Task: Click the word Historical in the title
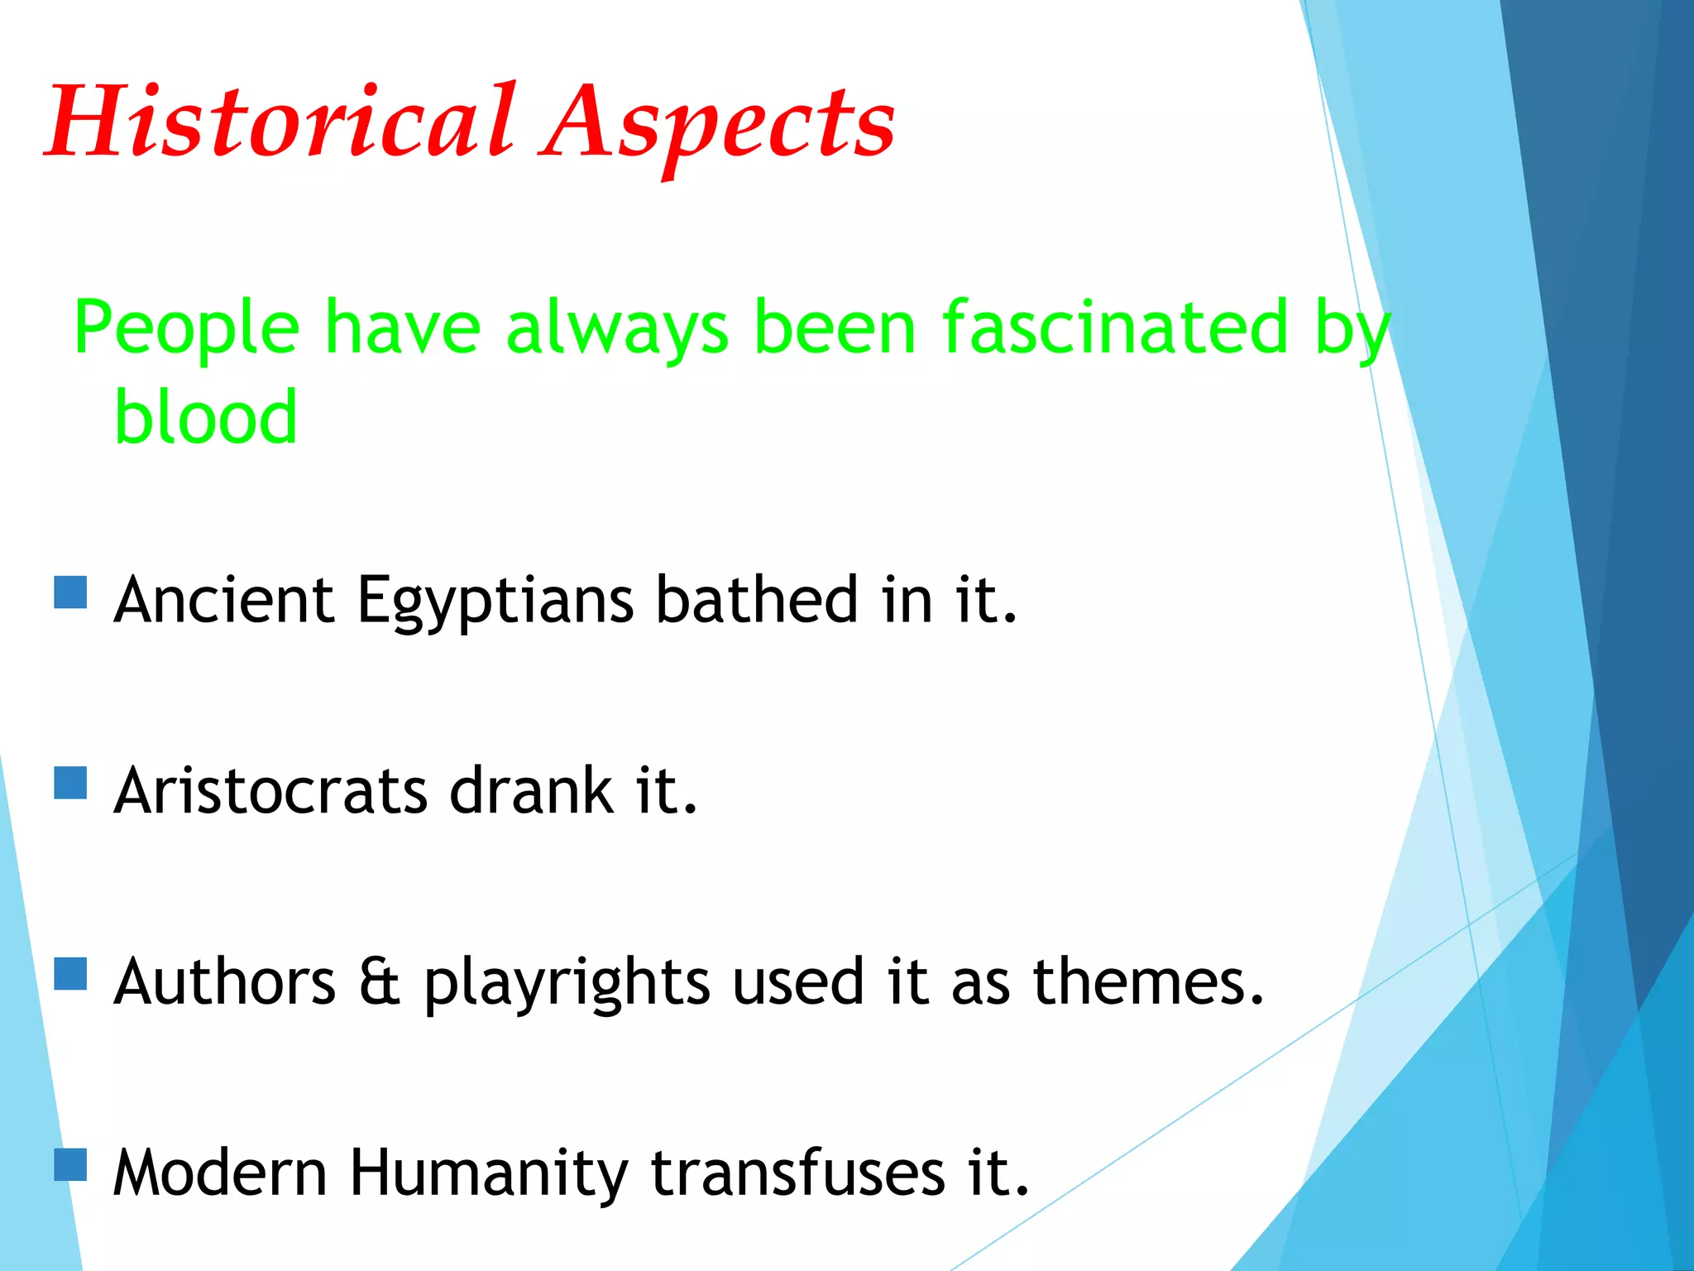[281, 122]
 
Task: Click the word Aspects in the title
[718, 124]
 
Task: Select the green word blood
[205, 417]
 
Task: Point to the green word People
[186, 329]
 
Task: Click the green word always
[617, 329]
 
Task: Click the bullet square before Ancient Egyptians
[70, 592]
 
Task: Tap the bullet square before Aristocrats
[70, 783]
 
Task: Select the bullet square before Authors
[70, 974]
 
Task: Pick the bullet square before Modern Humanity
[70, 1164]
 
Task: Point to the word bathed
[756, 600]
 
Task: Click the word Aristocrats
[270, 791]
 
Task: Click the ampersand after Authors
[380, 982]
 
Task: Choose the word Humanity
[488, 1174]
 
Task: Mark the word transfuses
[797, 1173]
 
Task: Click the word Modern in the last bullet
[220, 1173]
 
